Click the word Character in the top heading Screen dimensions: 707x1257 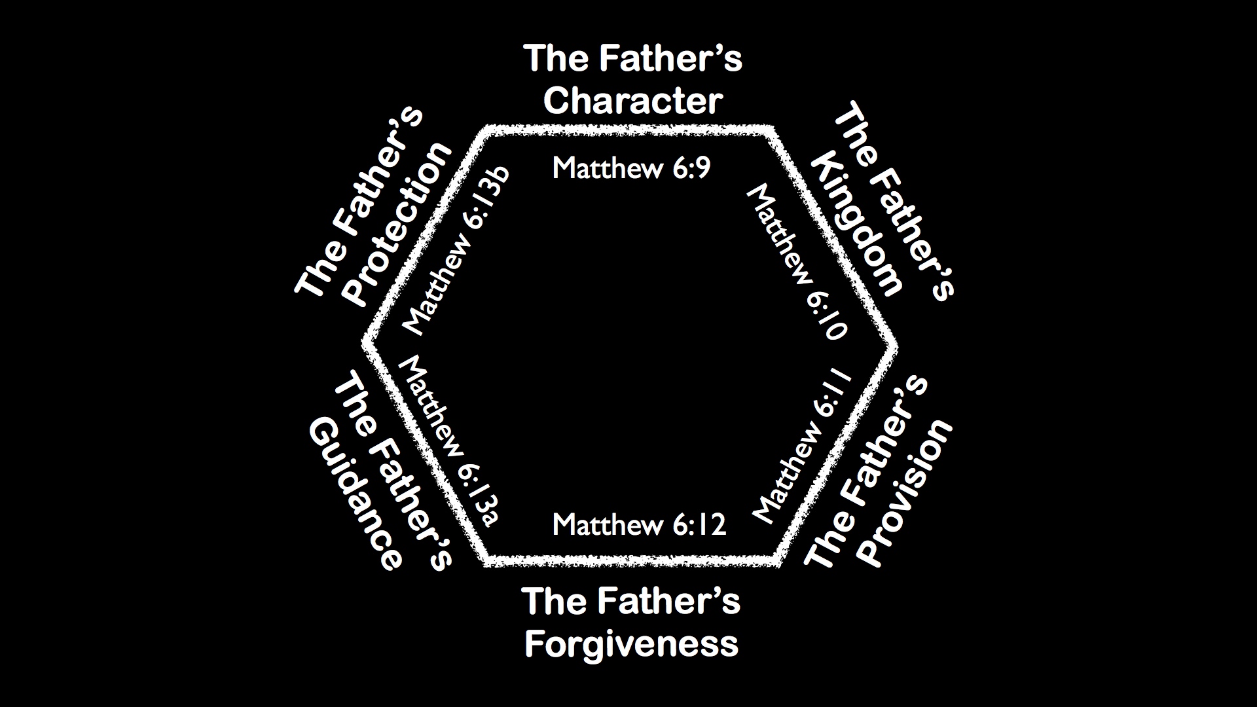[x=632, y=101]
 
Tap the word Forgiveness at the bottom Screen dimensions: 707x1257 [x=631, y=643]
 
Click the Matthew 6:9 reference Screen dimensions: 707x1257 [x=631, y=169]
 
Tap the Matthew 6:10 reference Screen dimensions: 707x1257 [x=797, y=262]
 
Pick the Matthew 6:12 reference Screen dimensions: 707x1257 [x=639, y=525]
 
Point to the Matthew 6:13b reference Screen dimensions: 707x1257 [x=456, y=253]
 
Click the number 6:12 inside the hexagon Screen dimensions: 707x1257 [x=699, y=525]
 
